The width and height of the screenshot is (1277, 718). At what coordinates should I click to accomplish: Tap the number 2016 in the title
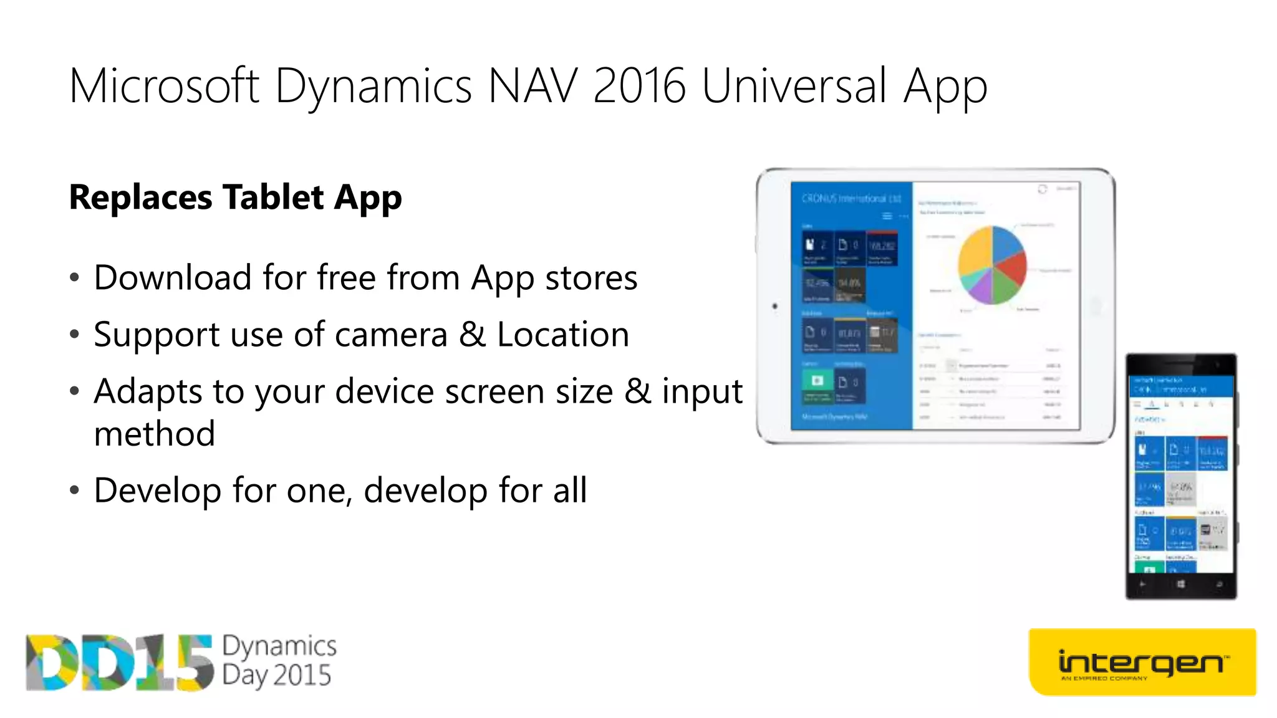click(639, 86)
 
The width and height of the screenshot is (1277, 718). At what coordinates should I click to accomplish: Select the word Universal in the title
click(794, 86)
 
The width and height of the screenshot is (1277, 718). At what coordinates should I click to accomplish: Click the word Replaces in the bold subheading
click(141, 198)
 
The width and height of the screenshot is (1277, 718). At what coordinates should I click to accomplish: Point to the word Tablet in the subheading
click(273, 198)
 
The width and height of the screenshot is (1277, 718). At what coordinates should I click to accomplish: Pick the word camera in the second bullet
click(391, 335)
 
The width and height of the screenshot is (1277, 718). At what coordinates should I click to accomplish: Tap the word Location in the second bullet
click(562, 335)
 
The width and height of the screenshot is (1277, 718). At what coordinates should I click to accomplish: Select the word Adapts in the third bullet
click(148, 392)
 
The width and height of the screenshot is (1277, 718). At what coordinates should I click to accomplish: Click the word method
click(155, 434)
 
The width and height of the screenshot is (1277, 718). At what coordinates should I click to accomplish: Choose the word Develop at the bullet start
click(158, 491)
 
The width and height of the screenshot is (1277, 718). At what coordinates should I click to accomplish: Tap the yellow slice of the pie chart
click(974, 252)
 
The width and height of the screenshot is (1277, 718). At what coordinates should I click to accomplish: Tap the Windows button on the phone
click(1180, 585)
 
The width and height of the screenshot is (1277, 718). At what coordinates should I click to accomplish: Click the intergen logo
click(1142, 663)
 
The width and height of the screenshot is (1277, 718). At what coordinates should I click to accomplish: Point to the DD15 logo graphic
click(118, 663)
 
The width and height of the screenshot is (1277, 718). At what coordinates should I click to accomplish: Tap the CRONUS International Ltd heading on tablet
click(851, 199)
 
